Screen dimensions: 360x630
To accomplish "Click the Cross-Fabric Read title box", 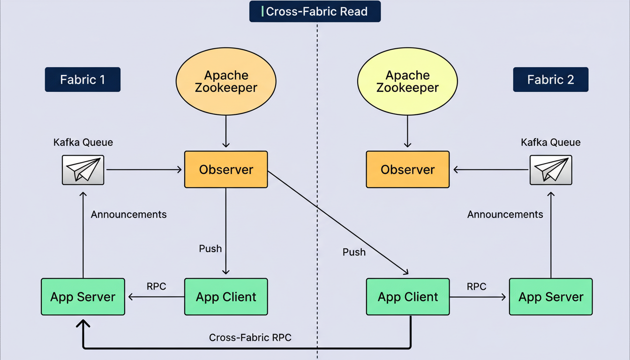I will point(315,12).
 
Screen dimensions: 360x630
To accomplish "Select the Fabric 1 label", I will point(82,79).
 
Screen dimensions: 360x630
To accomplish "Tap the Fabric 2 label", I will point(550,79).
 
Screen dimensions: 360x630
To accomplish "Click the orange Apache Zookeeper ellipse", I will point(226,82).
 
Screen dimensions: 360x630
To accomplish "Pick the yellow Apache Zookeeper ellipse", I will point(407,82).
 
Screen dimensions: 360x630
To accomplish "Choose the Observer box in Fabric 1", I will point(226,169).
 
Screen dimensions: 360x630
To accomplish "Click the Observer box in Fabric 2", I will point(407,169).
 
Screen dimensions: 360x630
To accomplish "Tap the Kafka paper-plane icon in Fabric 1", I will point(83,169).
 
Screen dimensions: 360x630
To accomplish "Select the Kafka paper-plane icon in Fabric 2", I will point(550,169).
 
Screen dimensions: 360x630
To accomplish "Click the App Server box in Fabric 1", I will point(83,297).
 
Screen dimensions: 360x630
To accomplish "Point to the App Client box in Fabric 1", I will point(226,297).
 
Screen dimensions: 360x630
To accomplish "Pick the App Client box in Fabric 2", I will point(407,297).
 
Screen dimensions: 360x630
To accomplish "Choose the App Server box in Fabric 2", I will point(550,297).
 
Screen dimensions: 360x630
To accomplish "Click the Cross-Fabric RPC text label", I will point(250,337).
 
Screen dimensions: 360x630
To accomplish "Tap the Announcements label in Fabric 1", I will point(128,214).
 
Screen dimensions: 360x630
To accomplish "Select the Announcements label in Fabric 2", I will point(505,214).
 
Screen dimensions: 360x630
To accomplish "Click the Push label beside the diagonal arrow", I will point(354,252).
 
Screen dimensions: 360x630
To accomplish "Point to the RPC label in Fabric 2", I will point(476,286).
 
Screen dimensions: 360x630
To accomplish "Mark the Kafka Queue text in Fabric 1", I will point(83,142).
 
